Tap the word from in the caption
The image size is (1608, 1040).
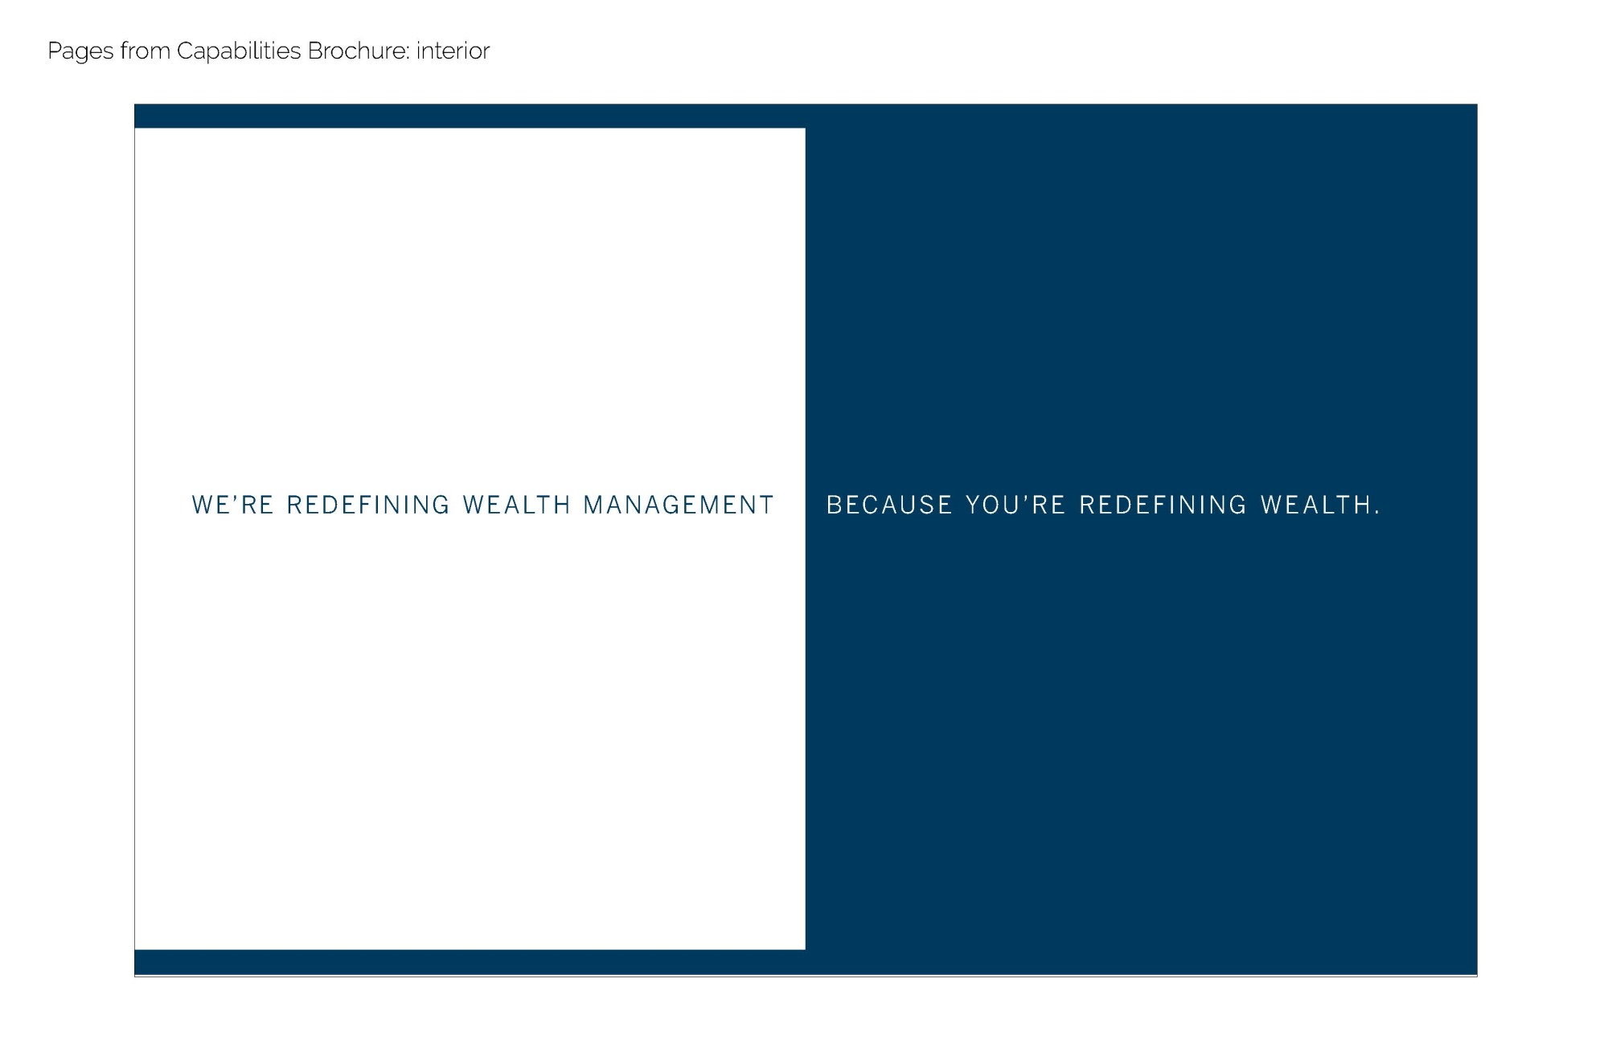point(146,51)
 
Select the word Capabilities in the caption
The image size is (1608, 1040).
point(239,52)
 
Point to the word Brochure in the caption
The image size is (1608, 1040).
point(358,51)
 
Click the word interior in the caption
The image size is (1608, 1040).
point(453,51)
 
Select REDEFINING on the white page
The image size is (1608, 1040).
point(368,505)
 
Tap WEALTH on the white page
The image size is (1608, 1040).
point(517,505)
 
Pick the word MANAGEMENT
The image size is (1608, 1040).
point(679,505)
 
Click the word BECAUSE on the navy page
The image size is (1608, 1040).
point(889,505)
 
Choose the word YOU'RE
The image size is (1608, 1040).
point(1015,505)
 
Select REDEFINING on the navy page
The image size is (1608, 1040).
point(1163,505)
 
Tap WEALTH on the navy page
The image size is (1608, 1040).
point(1315,505)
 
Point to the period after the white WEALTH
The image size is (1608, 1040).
point(1377,513)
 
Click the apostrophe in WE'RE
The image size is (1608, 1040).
point(235,497)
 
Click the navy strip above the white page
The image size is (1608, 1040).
point(470,117)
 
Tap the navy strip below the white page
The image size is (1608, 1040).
point(470,962)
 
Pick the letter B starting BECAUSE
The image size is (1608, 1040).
point(834,505)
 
